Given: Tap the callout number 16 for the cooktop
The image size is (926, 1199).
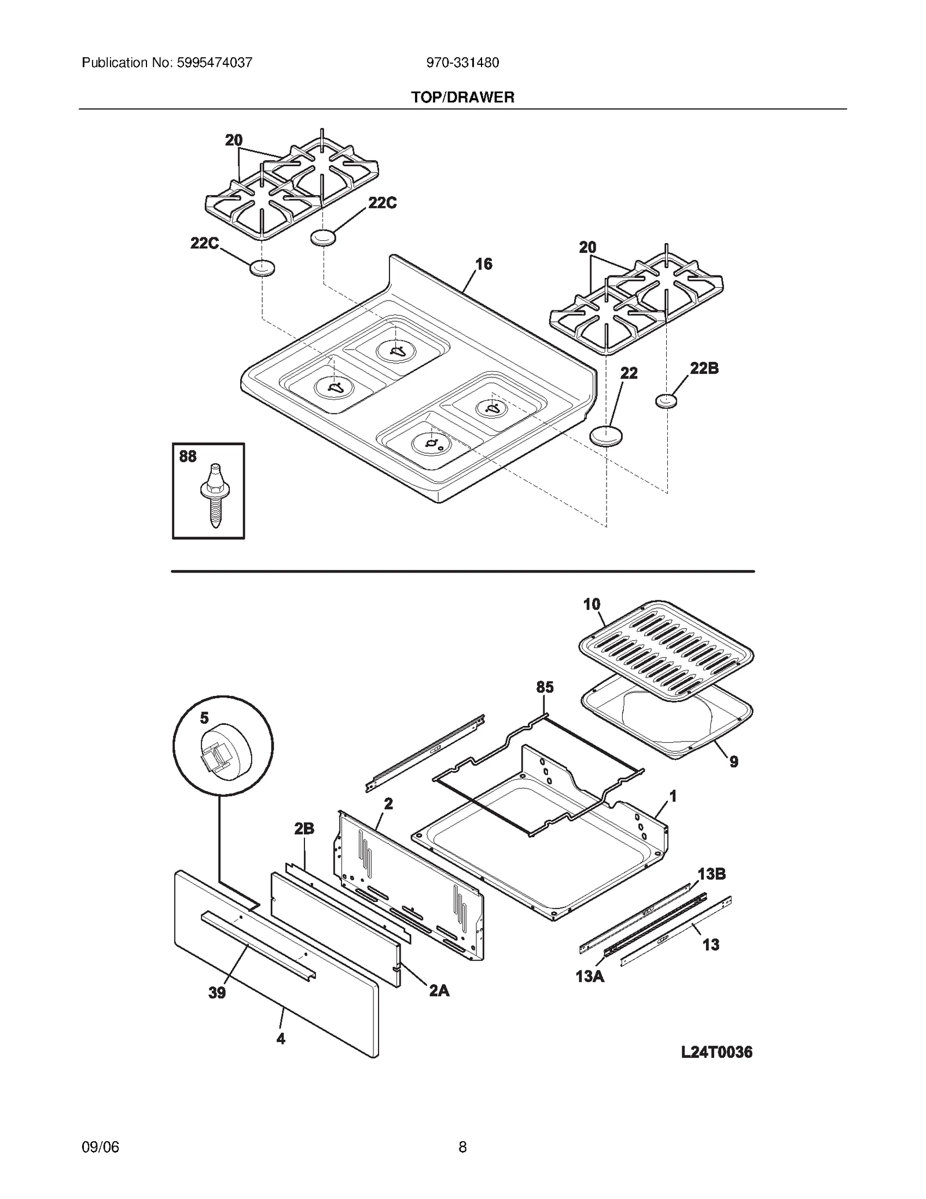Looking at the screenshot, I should (x=483, y=265).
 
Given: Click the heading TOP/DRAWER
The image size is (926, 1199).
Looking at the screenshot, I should (x=462, y=97).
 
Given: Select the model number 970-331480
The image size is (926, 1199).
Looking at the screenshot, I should (x=462, y=63).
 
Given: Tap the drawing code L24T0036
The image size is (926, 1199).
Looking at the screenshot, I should (x=716, y=1052).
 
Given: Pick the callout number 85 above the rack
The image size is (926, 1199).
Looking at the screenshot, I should (x=545, y=687).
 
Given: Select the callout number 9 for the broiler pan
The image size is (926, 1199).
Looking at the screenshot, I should (x=733, y=762).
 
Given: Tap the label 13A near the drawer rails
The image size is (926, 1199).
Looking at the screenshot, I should (x=589, y=977).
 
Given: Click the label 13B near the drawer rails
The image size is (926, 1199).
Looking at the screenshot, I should (x=711, y=874).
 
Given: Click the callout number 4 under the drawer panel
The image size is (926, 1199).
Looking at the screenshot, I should (x=281, y=1039).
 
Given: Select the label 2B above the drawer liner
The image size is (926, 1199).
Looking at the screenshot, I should (x=304, y=829).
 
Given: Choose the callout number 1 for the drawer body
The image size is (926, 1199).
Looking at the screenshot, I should (x=673, y=797).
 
